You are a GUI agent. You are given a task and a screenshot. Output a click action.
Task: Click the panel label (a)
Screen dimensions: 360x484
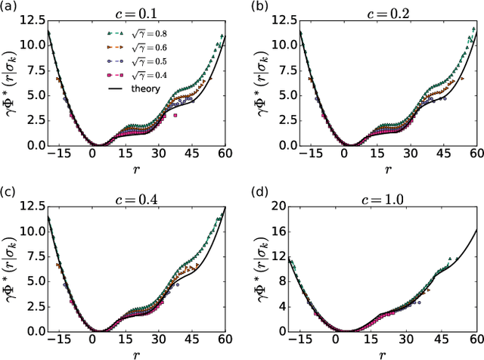[9, 7]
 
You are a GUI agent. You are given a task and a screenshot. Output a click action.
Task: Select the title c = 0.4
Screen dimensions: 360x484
[139, 193]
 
